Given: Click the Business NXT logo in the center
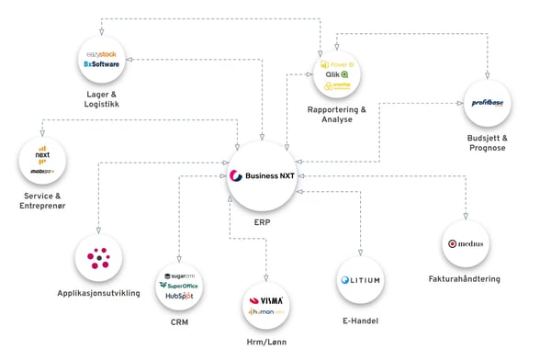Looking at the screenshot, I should (264, 176).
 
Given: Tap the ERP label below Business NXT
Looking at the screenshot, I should (264, 221).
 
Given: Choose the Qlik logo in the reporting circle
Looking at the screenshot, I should (337, 74).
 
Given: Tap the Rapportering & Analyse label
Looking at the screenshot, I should (337, 115).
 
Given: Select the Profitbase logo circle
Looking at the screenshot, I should (486, 102).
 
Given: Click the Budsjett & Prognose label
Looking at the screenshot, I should (486, 141).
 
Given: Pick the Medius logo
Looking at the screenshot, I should (466, 244).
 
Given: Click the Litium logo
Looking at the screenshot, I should (359, 280).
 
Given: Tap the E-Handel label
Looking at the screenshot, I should (359, 321).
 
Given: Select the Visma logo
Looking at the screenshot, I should (268, 300).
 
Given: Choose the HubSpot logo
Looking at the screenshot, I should (179, 297).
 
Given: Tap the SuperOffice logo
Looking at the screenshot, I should (180, 286).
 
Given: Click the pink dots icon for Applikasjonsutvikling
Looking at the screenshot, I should (98, 258).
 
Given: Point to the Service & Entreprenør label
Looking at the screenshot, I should (41, 202).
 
